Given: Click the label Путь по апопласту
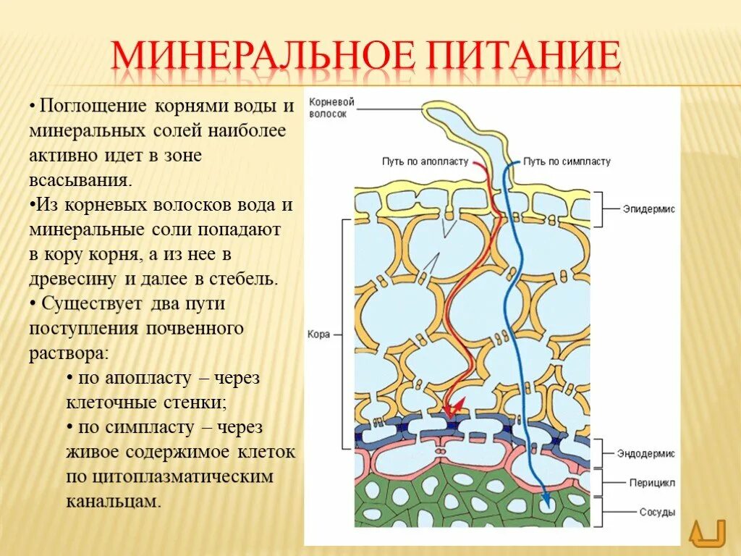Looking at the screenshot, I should [x=425, y=161].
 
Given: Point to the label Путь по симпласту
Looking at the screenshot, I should [x=567, y=161].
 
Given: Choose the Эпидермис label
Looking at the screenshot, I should [x=648, y=208].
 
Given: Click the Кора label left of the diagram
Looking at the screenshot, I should [x=318, y=334].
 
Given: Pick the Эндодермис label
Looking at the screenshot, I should [x=645, y=453].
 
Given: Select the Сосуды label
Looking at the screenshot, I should [x=657, y=513].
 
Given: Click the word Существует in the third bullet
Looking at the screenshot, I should [x=91, y=303].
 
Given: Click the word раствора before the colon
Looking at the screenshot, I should [x=68, y=353].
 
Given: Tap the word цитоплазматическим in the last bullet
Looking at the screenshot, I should [x=182, y=476].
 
